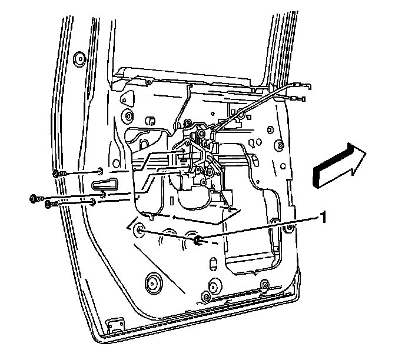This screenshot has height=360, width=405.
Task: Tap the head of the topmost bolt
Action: (x=56, y=174)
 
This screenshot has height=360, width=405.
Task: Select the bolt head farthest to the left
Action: (x=33, y=199)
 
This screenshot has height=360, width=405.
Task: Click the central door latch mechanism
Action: (x=203, y=159)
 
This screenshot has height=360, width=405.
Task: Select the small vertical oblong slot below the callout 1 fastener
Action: (x=211, y=261)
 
